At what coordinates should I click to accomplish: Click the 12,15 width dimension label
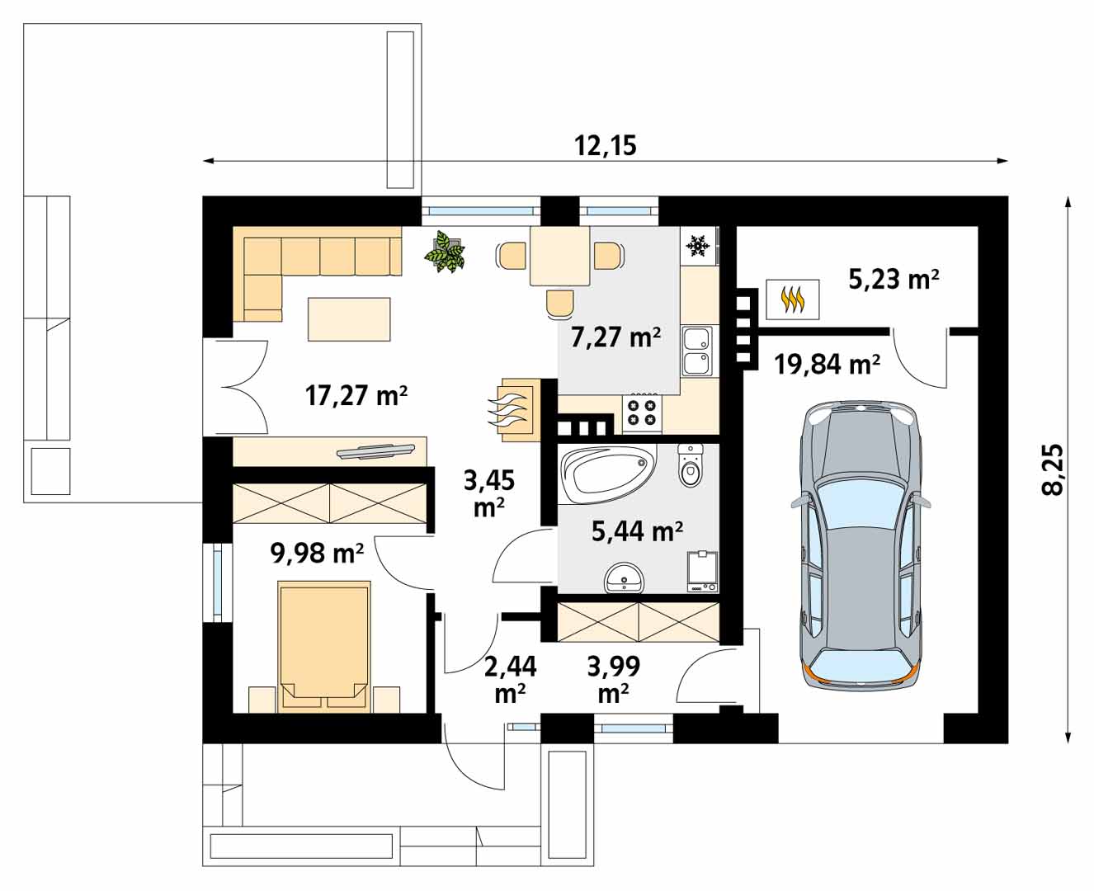click(x=606, y=146)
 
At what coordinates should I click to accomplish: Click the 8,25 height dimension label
click(x=1052, y=469)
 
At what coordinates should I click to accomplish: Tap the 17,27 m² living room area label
click(x=356, y=395)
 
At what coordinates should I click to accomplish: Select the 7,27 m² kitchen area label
click(x=615, y=337)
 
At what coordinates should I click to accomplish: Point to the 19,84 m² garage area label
click(x=827, y=365)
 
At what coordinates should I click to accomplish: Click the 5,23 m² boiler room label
click(x=894, y=280)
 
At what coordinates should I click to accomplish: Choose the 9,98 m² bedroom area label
click(x=317, y=553)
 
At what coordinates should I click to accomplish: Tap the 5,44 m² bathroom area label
click(x=637, y=531)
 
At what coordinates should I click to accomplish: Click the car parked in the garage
click(x=861, y=545)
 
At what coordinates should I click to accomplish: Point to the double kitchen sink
click(x=697, y=351)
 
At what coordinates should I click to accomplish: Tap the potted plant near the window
click(x=444, y=252)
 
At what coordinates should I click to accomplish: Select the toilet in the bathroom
click(x=689, y=465)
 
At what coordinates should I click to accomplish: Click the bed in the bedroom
click(x=323, y=647)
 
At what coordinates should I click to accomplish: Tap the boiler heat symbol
click(x=793, y=300)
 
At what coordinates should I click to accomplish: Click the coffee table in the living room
click(x=349, y=319)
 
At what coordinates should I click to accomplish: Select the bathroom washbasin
click(x=624, y=579)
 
